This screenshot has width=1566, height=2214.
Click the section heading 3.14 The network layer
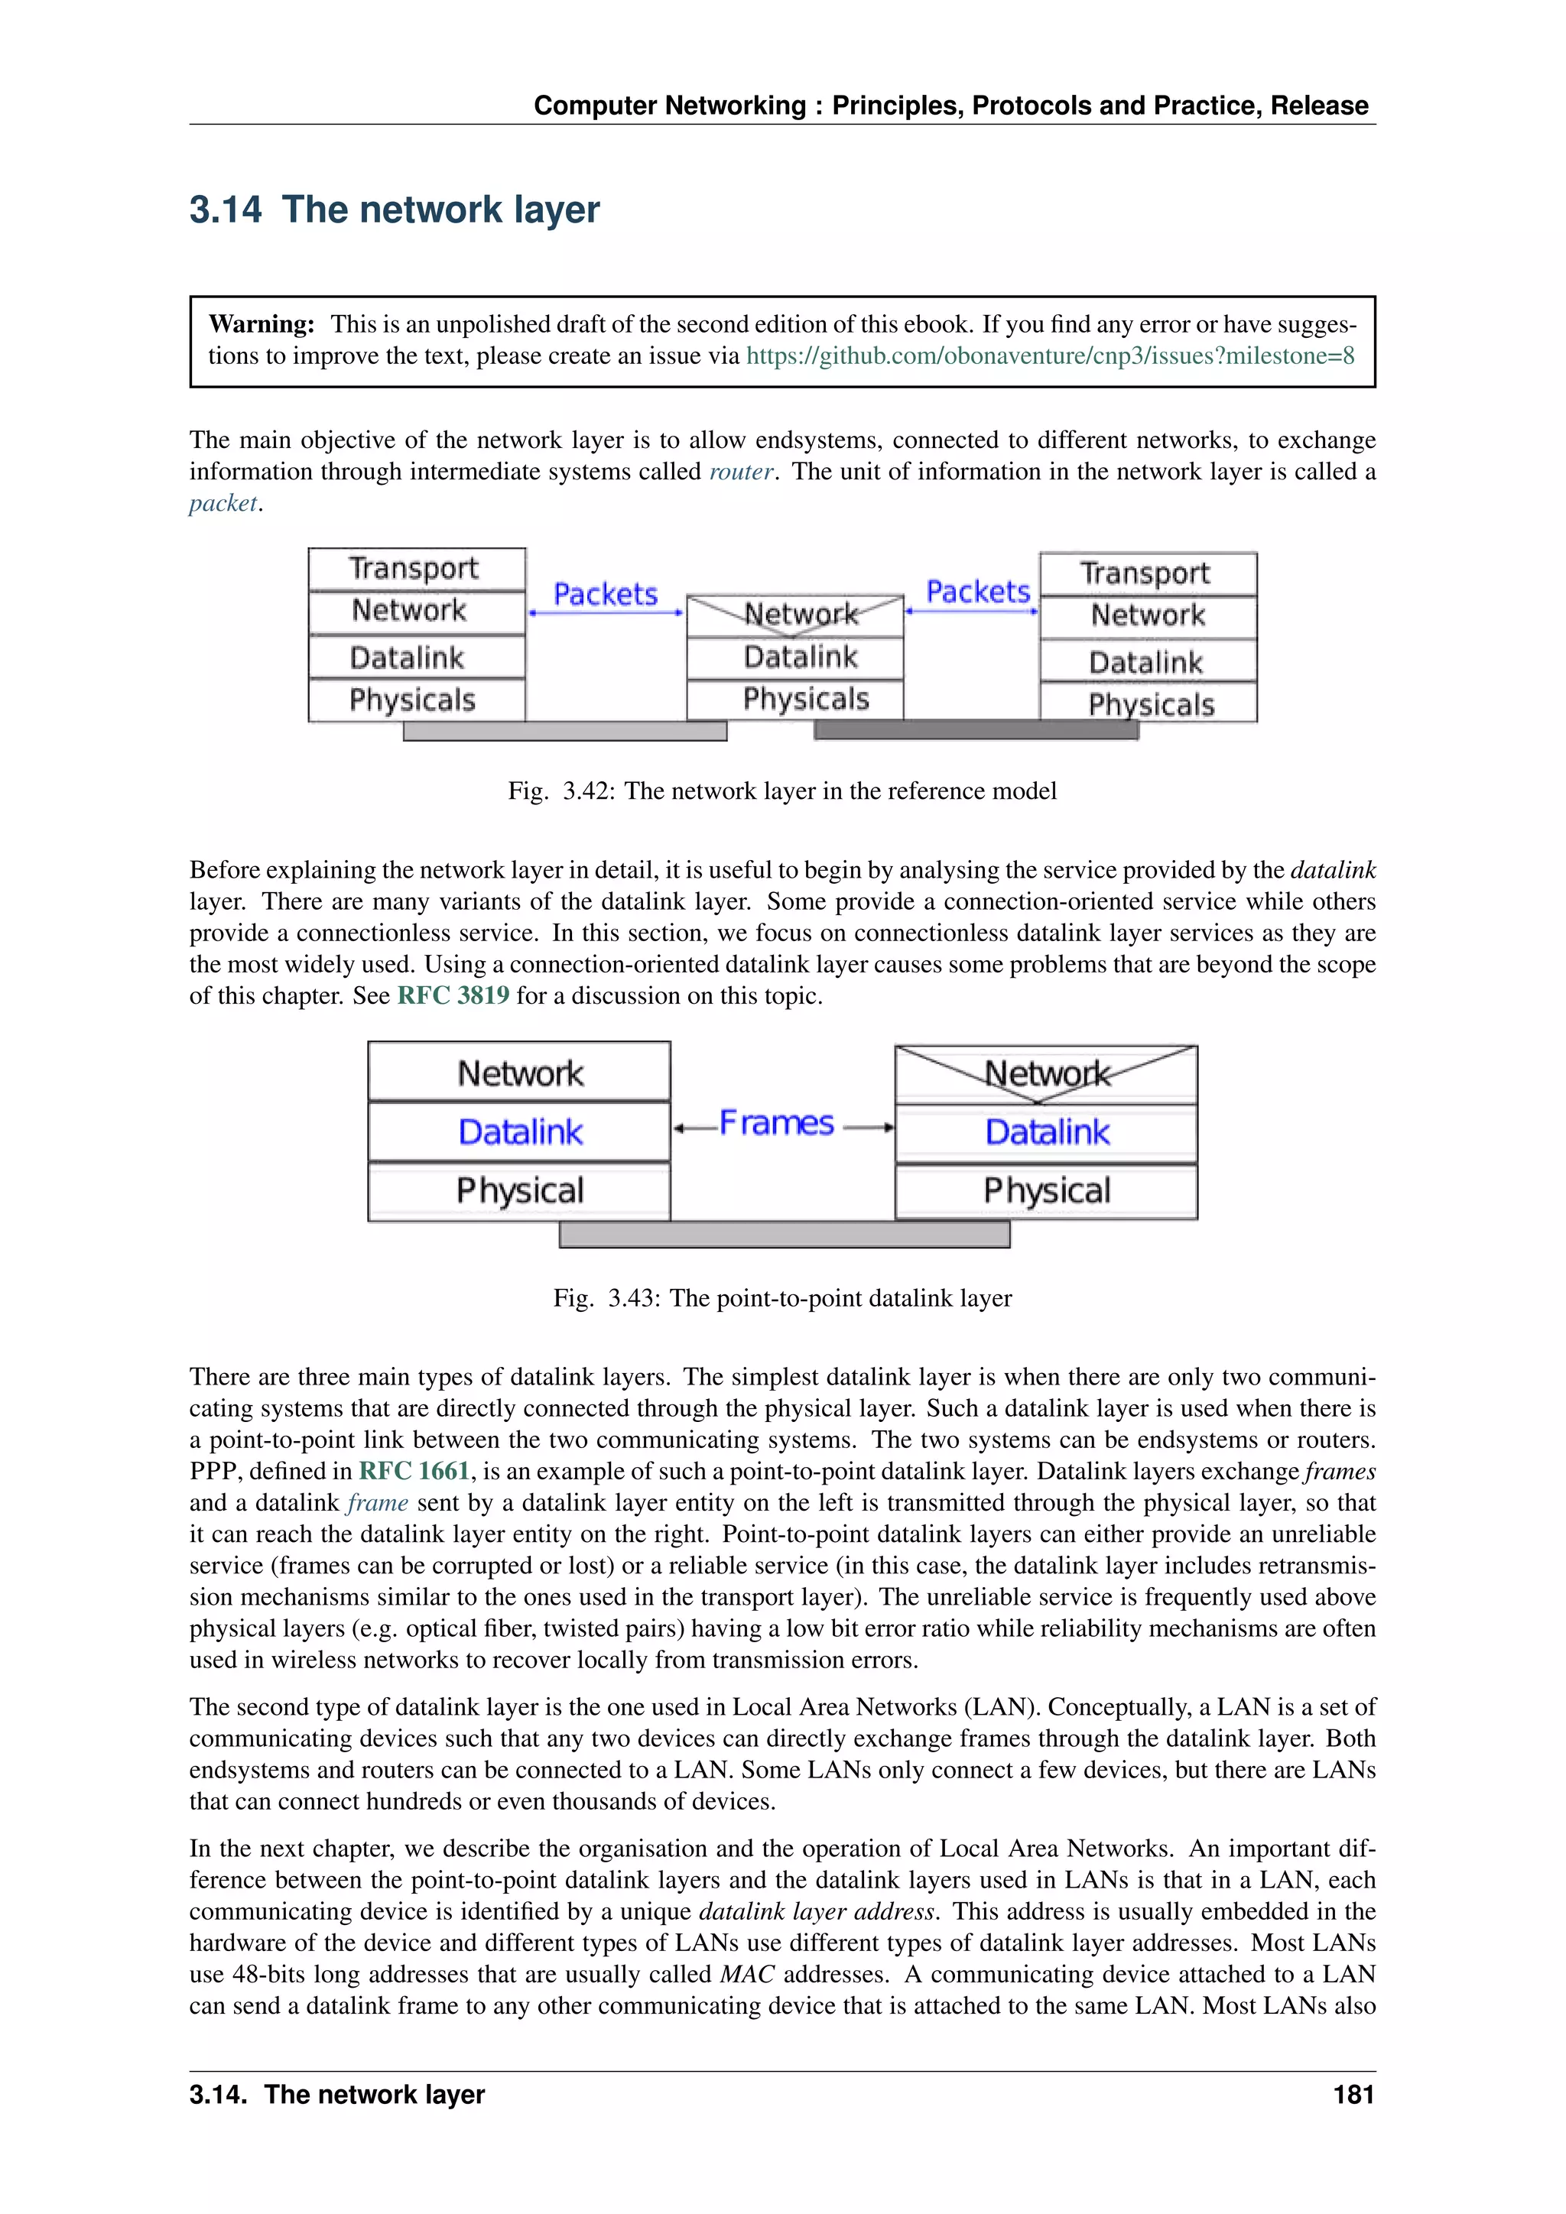[x=394, y=209]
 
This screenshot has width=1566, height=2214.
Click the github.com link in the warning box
[x=1049, y=355]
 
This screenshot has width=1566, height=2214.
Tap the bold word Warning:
[x=262, y=324]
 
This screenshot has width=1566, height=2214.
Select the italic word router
[x=741, y=472]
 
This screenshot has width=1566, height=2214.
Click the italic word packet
[x=223, y=503]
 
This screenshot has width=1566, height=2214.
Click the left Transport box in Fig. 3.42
[x=416, y=568]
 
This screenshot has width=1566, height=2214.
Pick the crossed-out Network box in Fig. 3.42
[x=794, y=614]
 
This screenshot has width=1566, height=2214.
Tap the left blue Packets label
[x=606, y=594]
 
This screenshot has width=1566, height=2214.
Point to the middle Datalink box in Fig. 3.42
[x=794, y=657]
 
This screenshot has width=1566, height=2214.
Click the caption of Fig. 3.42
[x=782, y=790]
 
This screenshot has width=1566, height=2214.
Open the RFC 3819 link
[x=453, y=995]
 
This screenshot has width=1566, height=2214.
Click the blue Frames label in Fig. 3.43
[x=777, y=1123]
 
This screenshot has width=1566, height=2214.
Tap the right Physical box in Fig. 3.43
[x=1046, y=1191]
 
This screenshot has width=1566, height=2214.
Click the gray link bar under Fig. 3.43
[x=783, y=1234]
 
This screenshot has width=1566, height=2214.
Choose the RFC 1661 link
[x=414, y=1471]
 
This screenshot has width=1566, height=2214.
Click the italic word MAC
[x=747, y=1974]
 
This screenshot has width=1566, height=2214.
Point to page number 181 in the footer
[x=1353, y=2095]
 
